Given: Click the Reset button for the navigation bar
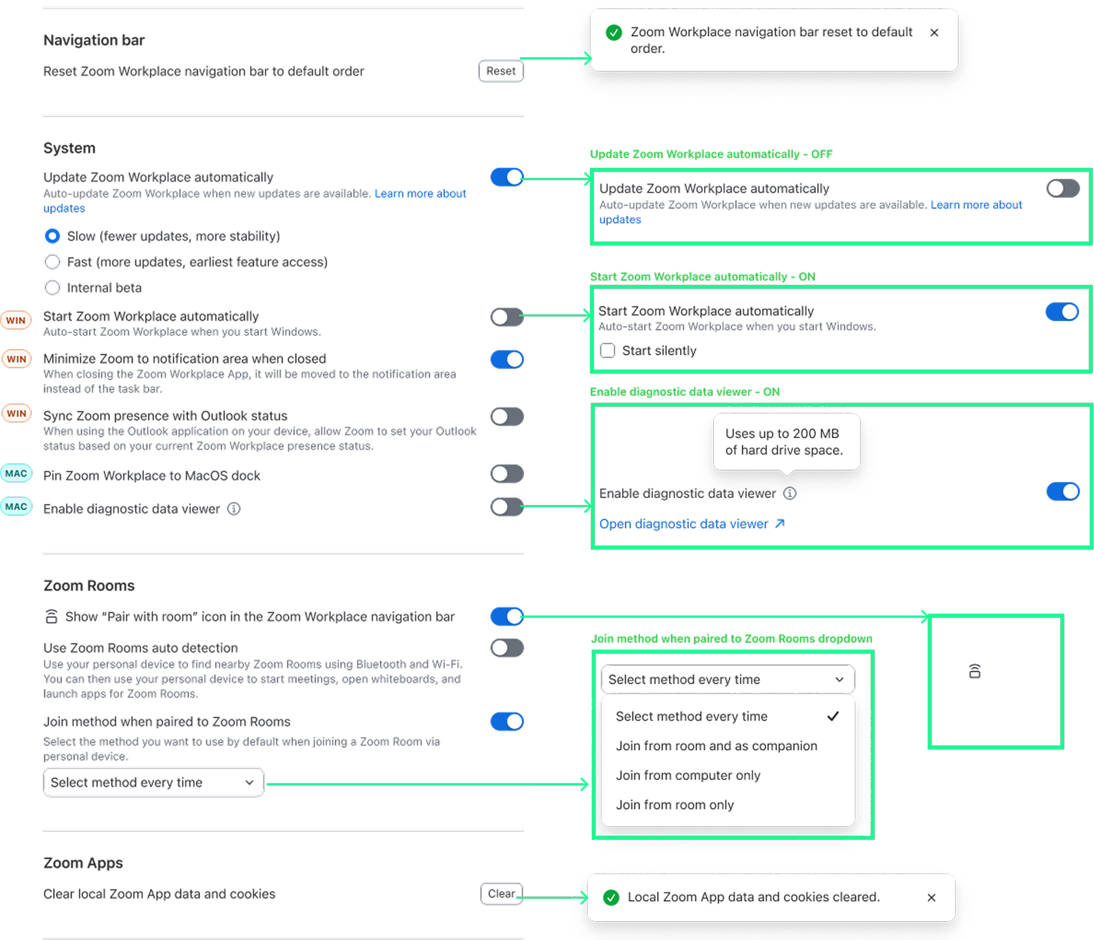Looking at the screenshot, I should (x=500, y=71).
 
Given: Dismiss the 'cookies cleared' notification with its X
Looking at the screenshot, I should (x=931, y=897).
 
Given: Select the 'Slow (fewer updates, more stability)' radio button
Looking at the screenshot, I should (x=52, y=236).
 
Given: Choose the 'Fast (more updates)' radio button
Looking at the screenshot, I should (x=52, y=262).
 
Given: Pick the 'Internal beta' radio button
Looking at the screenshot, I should (x=52, y=288).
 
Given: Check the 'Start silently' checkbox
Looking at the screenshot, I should (x=608, y=350).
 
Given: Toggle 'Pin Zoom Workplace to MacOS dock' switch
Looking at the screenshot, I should (x=507, y=473).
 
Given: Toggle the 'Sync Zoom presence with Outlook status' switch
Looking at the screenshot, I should (x=507, y=417).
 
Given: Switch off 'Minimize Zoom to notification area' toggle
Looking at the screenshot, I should (x=507, y=359).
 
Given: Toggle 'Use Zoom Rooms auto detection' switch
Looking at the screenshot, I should (x=507, y=648).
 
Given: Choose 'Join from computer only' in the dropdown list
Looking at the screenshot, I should (x=688, y=775).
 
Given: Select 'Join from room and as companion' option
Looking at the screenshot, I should (x=716, y=746).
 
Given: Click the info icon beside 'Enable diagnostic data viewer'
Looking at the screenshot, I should (x=234, y=509).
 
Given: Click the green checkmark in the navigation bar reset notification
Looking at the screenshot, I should (x=613, y=33).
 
